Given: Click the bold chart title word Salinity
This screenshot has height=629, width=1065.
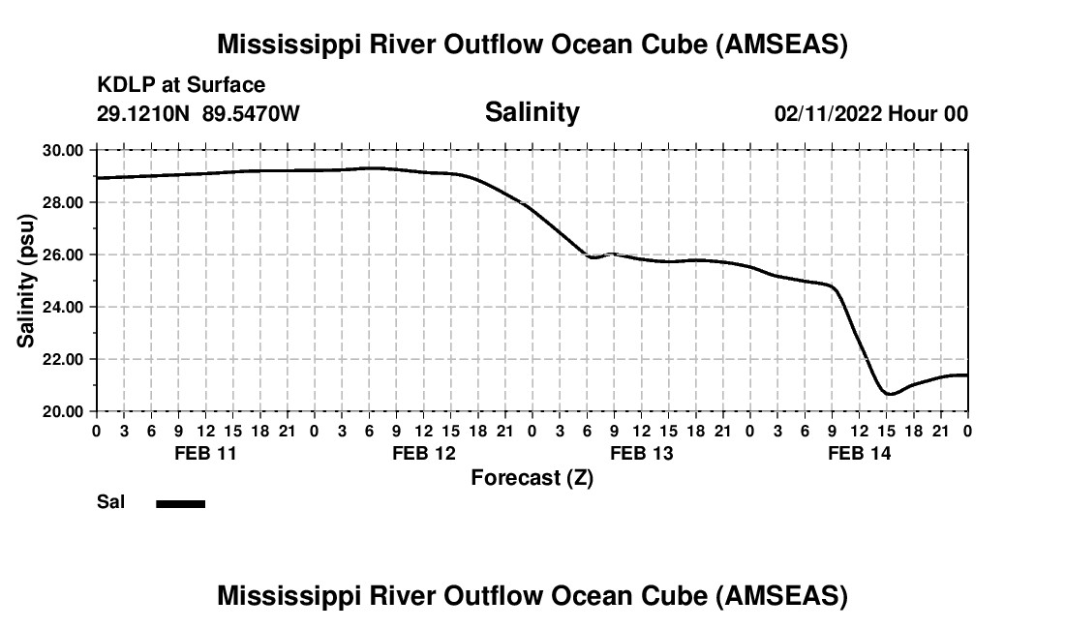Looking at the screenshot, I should (532, 112).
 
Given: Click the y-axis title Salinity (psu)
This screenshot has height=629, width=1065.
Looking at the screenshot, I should (27, 281).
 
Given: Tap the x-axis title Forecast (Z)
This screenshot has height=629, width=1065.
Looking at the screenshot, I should (532, 478).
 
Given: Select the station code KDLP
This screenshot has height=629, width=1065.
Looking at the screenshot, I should (121, 86).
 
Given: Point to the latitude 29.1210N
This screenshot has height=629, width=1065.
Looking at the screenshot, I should (143, 114).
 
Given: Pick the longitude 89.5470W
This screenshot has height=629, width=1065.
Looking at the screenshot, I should (251, 114).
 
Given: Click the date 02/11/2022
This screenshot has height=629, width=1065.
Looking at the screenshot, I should (828, 114).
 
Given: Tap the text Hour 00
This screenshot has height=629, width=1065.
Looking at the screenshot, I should (928, 114).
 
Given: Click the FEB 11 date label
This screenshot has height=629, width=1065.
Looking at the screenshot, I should (205, 454).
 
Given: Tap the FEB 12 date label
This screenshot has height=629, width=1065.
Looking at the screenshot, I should (423, 454).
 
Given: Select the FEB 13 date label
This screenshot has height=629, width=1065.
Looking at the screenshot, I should (641, 454).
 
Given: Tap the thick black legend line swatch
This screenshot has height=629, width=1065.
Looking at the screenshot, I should (180, 503).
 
